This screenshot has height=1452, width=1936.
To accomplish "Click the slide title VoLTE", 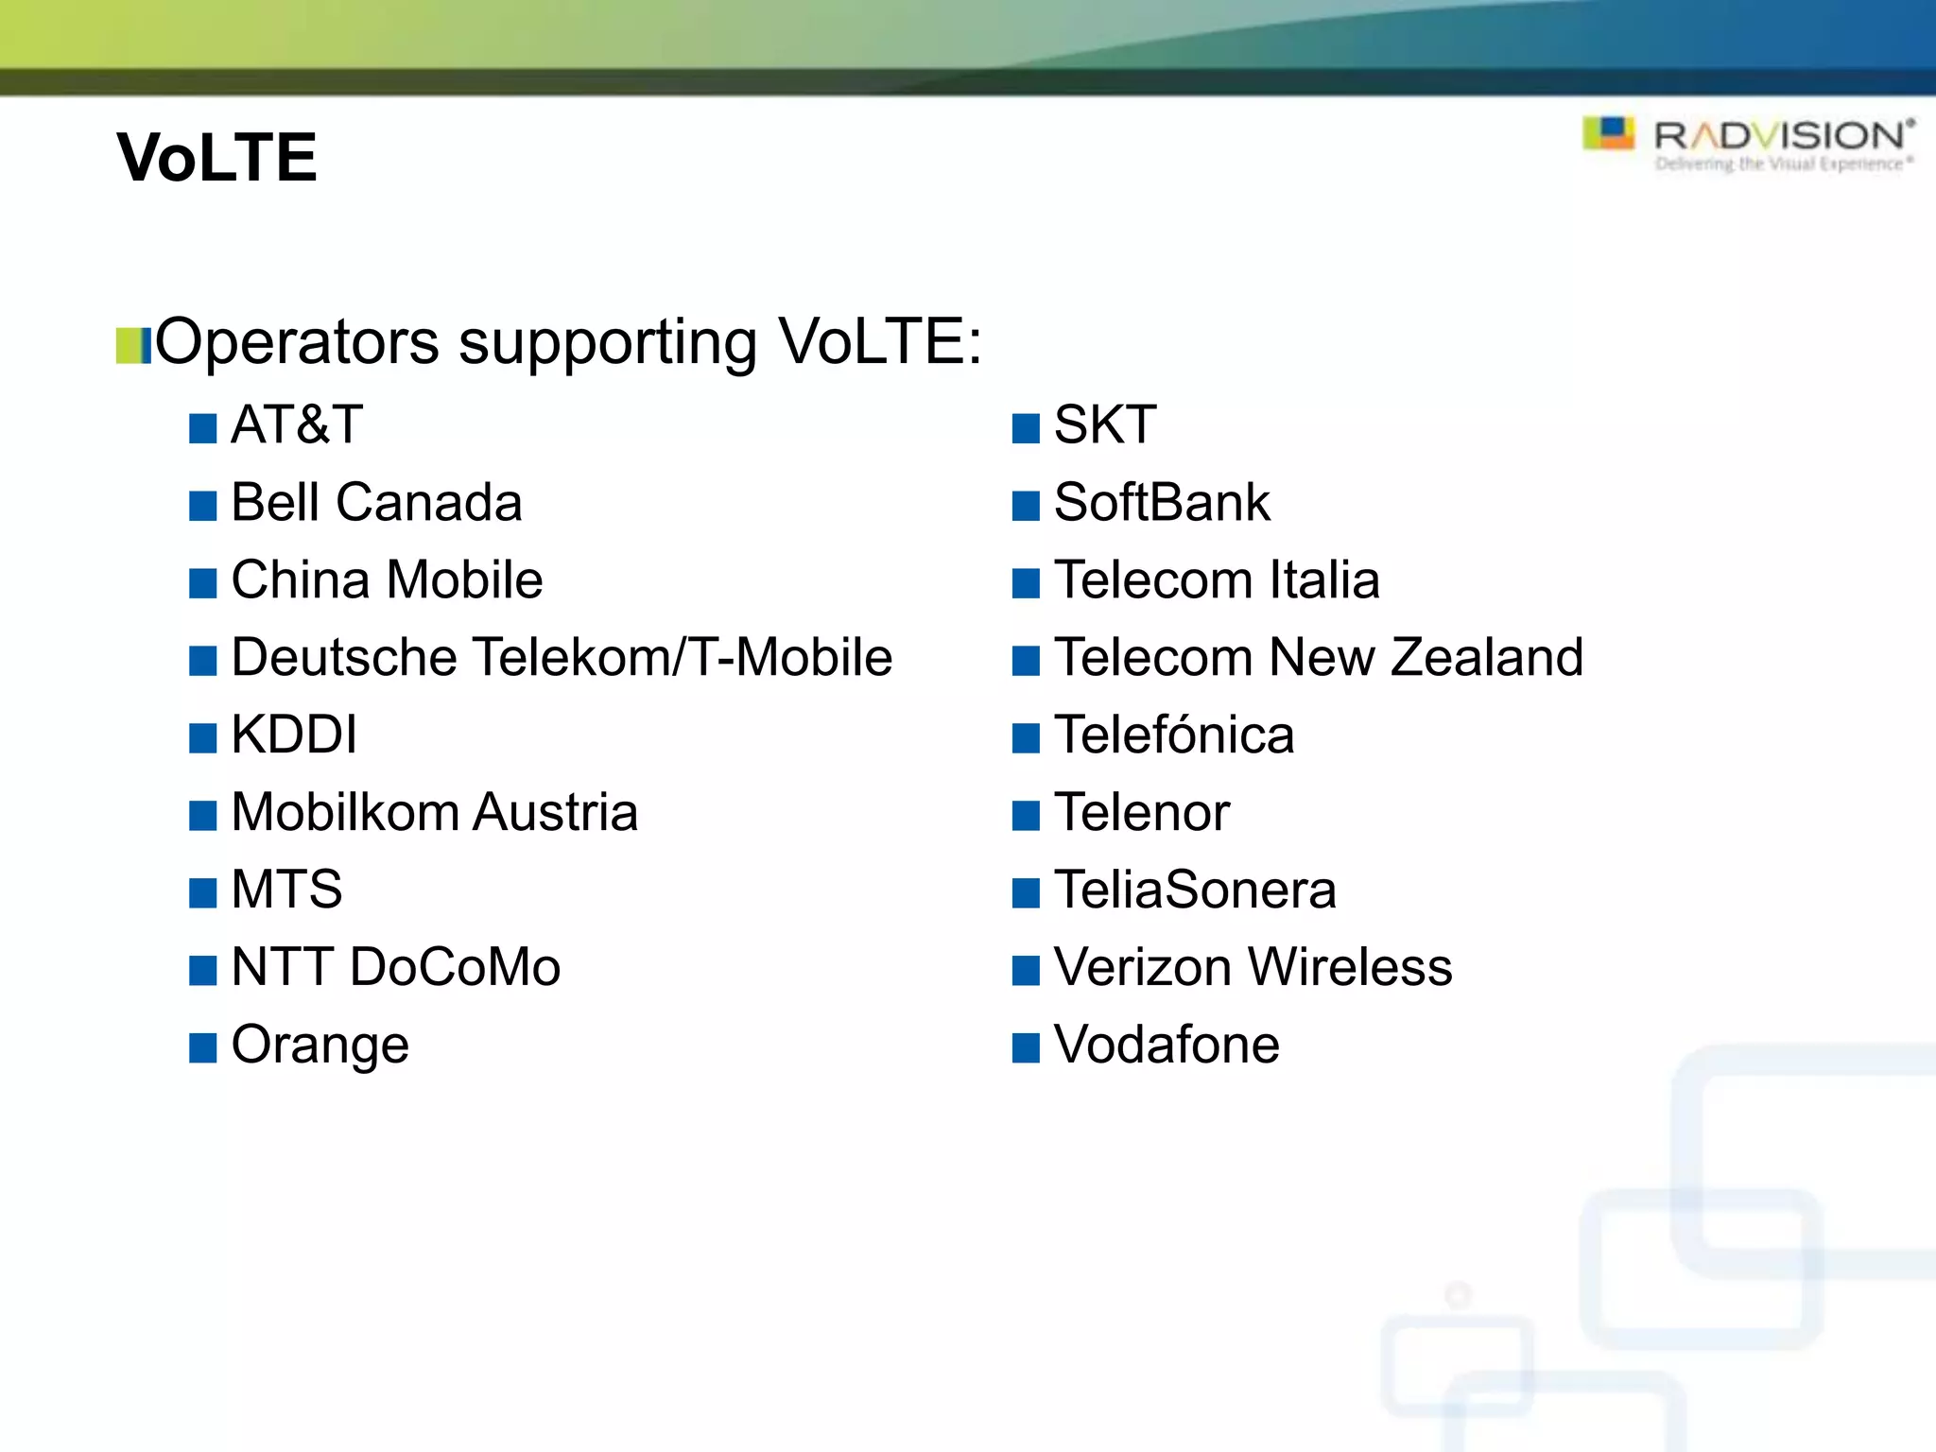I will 216,157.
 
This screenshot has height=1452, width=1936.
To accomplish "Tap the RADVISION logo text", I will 1783,137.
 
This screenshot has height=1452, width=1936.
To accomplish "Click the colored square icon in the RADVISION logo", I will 1608,133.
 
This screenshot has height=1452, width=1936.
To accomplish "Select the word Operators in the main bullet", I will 297,341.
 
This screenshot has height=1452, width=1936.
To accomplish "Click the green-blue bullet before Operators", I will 133,346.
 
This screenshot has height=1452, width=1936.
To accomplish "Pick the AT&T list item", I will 297,424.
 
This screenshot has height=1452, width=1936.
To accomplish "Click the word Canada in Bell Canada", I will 429,502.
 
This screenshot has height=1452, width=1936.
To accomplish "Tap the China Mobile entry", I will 387,579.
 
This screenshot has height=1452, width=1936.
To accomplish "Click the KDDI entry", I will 294,735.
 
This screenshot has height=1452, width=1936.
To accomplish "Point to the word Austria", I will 556,812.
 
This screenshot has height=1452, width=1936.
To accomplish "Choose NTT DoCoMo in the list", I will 395,967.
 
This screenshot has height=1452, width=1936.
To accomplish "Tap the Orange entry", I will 320,1046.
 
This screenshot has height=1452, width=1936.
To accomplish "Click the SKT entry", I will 1104,424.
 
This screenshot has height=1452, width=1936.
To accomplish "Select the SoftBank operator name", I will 1161,502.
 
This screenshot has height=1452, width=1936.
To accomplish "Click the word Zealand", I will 1487,657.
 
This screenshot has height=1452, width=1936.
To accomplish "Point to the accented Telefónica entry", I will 1173,735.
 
